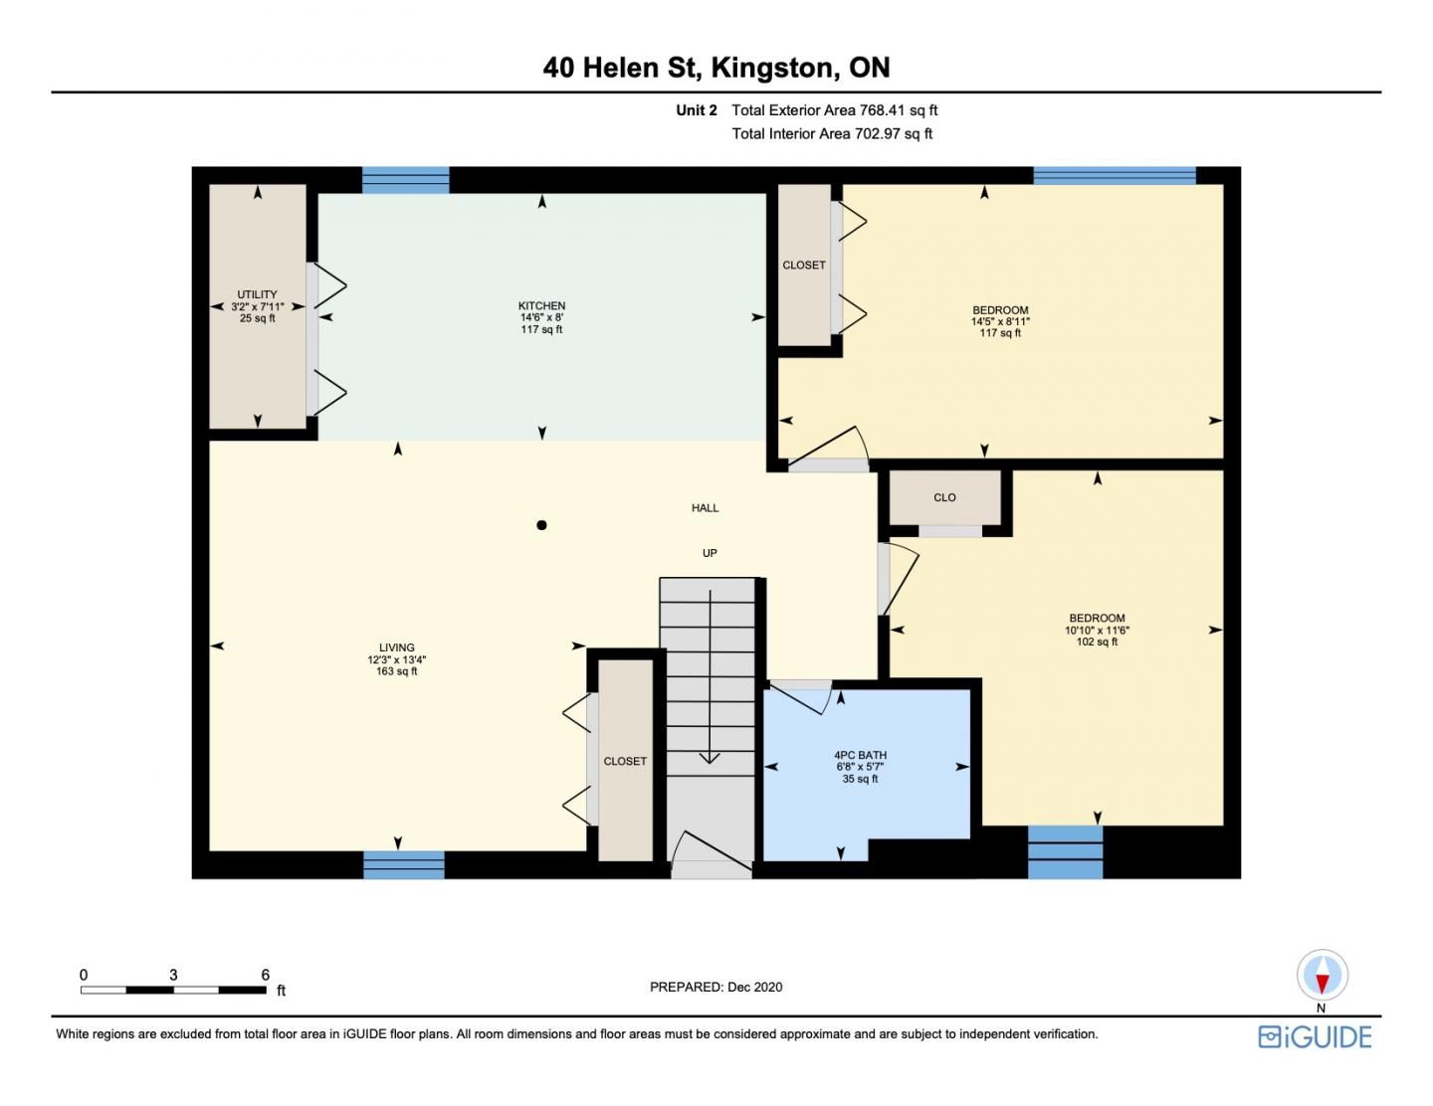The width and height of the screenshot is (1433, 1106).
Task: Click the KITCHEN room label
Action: pos(541,305)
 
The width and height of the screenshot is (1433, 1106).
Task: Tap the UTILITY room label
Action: pos(257,294)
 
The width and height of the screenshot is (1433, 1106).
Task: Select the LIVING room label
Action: pos(396,647)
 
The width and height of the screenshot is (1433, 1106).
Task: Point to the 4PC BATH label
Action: pos(860,755)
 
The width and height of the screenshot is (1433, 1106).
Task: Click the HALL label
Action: pos(705,508)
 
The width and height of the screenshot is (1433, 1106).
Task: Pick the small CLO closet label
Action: pos(944,497)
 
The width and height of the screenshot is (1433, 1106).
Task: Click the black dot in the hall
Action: pos(541,525)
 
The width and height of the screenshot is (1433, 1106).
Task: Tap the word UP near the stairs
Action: pos(710,553)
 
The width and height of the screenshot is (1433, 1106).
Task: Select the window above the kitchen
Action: pos(406,180)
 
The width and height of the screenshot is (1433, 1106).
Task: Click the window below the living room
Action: pos(404,864)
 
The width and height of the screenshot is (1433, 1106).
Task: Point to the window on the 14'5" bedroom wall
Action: pos(1115,175)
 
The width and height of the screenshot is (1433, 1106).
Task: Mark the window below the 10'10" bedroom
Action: pos(1065,852)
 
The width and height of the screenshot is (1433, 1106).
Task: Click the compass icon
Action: pos(1322,976)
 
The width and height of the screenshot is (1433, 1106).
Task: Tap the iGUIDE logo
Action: pos(1315,1037)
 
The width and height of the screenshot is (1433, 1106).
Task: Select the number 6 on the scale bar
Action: pos(265,974)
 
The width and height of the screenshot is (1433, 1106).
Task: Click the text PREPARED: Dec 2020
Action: pos(716,987)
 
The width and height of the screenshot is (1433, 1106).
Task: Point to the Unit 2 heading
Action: pos(697,110)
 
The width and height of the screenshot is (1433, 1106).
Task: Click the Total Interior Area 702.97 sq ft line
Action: pos(832,134)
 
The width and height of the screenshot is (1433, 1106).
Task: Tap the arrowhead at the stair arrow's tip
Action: pos(710,759)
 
